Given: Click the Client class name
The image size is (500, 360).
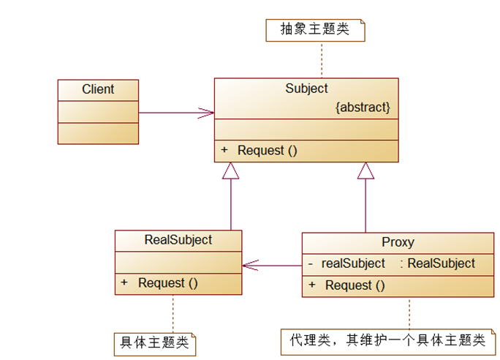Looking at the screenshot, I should (98, 89).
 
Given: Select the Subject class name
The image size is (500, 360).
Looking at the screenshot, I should (306, 89).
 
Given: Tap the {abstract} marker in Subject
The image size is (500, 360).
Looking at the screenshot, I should (363, 108).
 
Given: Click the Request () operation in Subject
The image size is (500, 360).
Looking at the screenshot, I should (268, 151).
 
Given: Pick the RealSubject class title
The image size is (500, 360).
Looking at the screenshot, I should (178, 240).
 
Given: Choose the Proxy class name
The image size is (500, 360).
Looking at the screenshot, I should (398, 242).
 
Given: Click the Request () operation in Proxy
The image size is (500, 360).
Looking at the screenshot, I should (355, 285).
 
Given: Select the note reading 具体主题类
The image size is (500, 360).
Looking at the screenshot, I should (154, 342).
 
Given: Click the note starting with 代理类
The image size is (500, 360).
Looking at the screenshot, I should (387, 340).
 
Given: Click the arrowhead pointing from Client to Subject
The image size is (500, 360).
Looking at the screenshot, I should (208, 113).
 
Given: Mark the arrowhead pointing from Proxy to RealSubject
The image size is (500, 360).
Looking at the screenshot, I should (249, 266).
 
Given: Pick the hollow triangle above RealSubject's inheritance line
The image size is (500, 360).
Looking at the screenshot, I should (231, 170).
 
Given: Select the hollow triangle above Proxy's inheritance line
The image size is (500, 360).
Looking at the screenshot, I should (365, 170).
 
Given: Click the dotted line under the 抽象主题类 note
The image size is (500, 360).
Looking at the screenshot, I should (320, 59).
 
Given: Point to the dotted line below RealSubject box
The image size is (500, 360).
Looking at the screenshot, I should (173, 312).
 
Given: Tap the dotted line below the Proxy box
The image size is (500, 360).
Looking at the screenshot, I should (409, 312).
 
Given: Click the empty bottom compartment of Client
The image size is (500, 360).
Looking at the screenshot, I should (98, 133).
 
